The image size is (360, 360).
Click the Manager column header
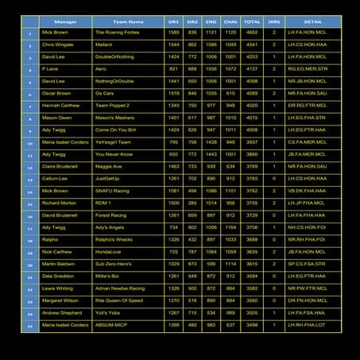[x=64, y=21]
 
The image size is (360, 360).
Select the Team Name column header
[x=129, y=21]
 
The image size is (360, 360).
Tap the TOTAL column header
[x=252, y=21]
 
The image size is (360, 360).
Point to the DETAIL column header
[x=313, y=21]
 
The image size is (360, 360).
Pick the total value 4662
[x=252, y=33]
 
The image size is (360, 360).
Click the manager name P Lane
[x=51, y=69]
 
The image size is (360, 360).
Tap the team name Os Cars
[x=105, y=94]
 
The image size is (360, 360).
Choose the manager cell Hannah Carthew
[x=60, y=106]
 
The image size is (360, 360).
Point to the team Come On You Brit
[x=115, y=130]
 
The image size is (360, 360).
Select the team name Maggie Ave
[x=109, y=166]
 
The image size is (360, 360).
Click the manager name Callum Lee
[x=54, y=178]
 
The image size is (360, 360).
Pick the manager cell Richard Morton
[x=59, y=203]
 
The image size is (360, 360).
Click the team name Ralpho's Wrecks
[x=114, y=239]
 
